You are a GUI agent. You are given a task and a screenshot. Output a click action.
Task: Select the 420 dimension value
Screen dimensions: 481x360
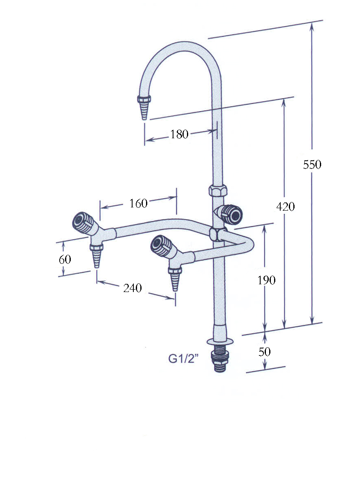click(285, 207)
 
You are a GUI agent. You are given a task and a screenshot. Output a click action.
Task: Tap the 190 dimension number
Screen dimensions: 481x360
click(266, 280)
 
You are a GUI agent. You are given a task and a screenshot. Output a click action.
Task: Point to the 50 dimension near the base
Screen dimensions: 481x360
click(265, 351)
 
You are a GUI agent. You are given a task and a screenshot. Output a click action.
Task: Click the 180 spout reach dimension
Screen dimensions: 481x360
click(179, 134)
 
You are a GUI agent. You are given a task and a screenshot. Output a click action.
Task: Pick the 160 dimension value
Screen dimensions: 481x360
click(138, 203)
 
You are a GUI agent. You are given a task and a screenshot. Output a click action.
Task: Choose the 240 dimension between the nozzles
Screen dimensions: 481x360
click(133, 288)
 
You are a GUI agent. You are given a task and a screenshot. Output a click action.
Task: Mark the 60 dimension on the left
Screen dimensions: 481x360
click(65, 259)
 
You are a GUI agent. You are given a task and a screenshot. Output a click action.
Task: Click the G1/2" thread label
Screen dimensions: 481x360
click(184, 358)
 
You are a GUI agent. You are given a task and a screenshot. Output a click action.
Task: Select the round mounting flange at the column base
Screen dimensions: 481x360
click(219, 340)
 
